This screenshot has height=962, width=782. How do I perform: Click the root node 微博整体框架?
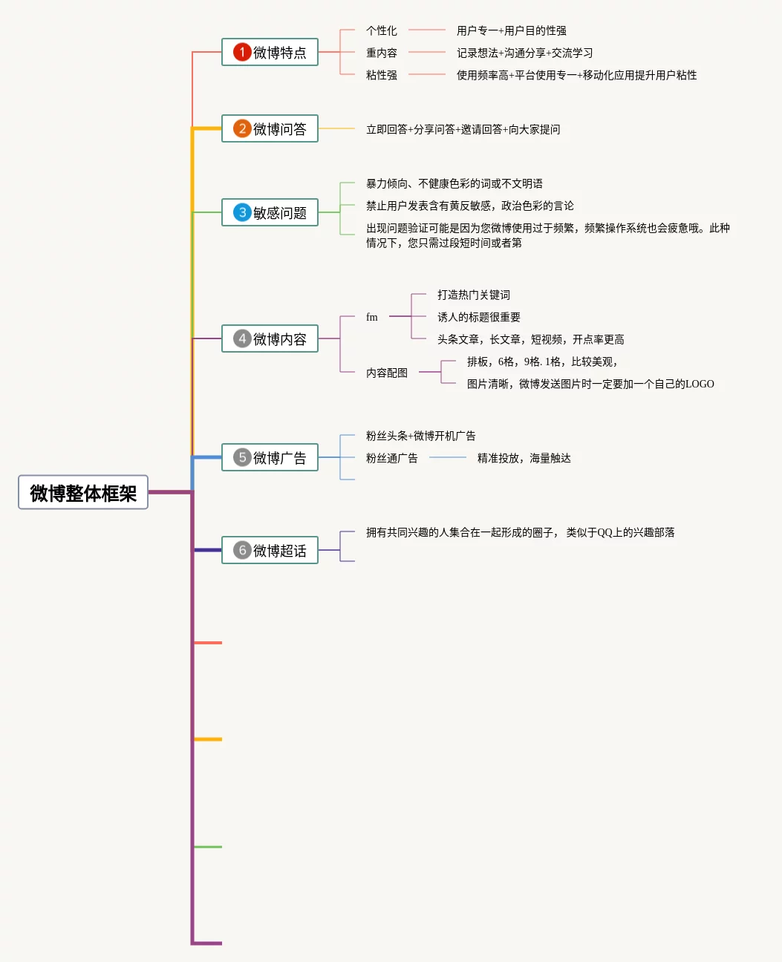[83, 492]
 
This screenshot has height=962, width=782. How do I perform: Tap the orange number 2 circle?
[242, 128]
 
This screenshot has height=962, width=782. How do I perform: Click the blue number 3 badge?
[242, 212]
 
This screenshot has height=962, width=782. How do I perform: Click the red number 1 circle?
[242, 52]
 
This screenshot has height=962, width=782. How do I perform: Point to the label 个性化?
[382, 30]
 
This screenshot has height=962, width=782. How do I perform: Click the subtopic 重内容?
[382, 53]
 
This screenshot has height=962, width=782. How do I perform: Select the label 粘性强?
[382, 75]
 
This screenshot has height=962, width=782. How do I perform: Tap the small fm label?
[372, 317]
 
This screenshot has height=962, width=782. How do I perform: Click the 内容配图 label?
[387, 373]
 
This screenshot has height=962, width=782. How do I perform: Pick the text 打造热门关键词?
[474, 295]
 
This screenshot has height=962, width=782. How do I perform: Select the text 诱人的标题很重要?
[479, 317]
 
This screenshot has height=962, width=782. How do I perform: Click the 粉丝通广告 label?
[392, 458]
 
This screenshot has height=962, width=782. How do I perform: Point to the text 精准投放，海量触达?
[524, 458]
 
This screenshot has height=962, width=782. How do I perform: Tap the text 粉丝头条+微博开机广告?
[421, 436]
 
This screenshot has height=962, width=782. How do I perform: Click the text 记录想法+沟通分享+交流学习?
[525, 53]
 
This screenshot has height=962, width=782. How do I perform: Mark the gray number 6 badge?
[242, 550]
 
